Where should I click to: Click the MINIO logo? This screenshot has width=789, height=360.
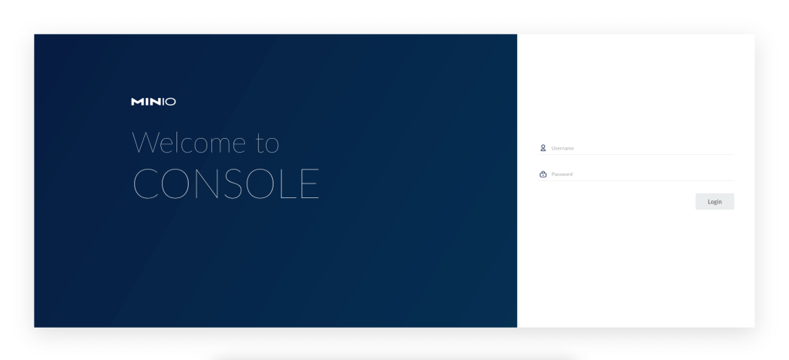pos(153,101)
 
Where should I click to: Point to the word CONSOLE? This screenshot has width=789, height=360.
pos(226,183)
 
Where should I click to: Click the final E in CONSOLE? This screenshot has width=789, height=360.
pos(310,183)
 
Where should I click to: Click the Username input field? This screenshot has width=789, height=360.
pos(640,148)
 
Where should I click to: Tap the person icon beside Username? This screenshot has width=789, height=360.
pos(542,147)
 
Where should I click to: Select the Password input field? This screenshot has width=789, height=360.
pos(640,174)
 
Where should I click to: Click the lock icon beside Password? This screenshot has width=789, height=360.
pos(542,174)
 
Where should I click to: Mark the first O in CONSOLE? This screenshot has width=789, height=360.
pos(175,183)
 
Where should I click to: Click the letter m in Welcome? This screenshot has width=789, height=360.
pos(217,144)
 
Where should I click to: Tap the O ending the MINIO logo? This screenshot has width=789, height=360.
pos(171,101)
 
